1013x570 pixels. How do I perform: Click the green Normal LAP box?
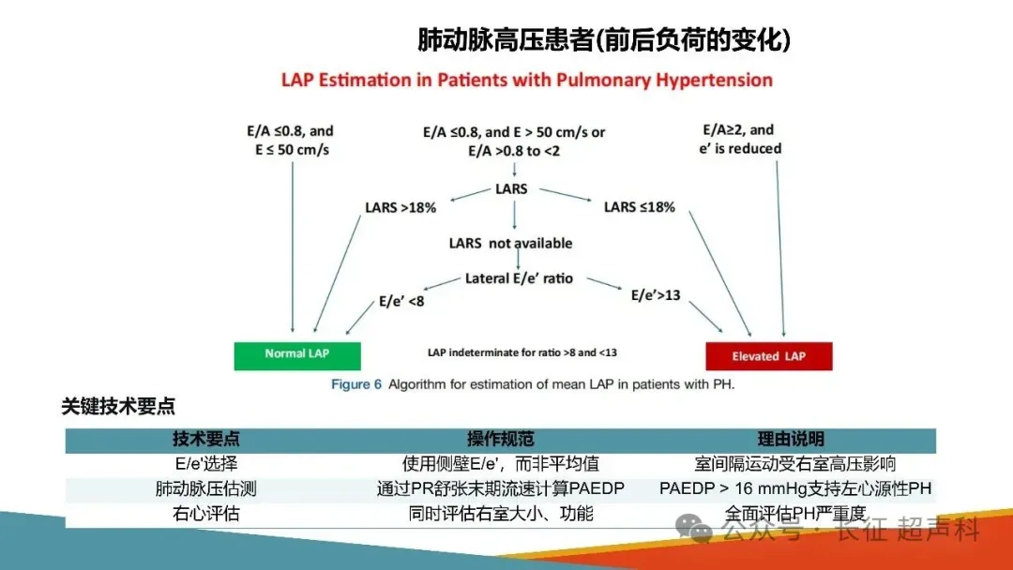point(297,354)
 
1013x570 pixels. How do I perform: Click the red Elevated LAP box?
point(768,356)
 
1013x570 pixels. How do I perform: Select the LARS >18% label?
point(401,207)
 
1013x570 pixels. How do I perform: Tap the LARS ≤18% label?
point(639,206)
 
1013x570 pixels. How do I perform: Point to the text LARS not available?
point(510,244)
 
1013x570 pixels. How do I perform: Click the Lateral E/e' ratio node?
point(519,278)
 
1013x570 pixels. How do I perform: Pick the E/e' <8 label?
point(401,301)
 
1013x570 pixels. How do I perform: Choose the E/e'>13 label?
point(656,295)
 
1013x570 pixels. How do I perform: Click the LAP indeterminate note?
point(522,352)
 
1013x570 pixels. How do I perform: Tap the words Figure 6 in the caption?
point(356,384)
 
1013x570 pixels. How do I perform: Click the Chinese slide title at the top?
point(604,40)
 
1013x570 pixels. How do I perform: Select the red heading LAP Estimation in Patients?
point(527,80)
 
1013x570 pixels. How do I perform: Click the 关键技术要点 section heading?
point(118,407)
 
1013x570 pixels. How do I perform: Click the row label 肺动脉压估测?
point(205,488)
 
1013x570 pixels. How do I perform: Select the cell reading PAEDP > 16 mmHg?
point(796,488)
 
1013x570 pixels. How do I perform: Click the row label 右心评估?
point(205,513)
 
